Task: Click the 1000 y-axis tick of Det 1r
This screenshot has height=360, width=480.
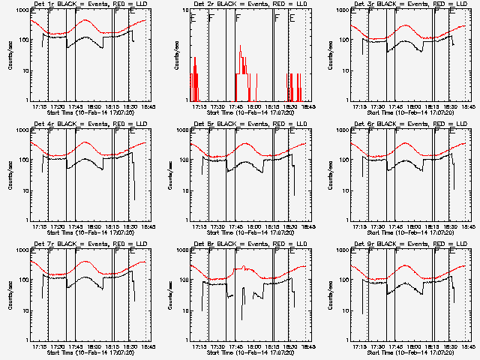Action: point(23,12)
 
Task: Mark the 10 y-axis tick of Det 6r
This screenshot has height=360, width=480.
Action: point(346,190)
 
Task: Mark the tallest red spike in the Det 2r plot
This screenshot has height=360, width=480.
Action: point(240,46)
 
